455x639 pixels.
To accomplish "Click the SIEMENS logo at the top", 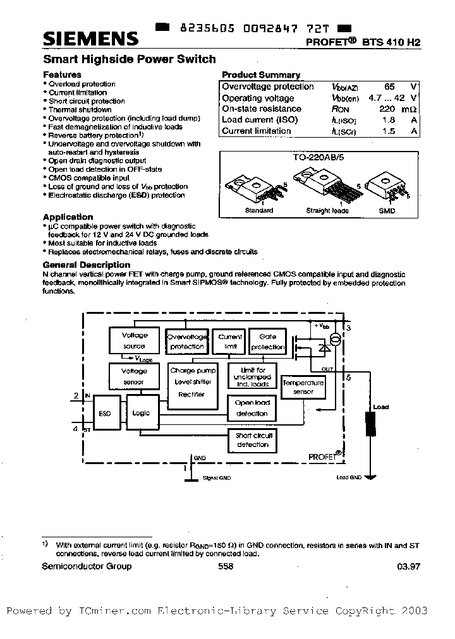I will (x=90, y=39).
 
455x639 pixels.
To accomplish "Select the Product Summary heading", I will (x=261, y=75).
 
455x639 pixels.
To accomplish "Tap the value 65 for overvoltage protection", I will (x=390, y=87).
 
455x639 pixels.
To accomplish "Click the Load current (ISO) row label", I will (x=260, y=120).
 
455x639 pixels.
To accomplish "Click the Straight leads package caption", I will (x=327, y=211).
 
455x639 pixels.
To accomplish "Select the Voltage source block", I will (x=134, y=340).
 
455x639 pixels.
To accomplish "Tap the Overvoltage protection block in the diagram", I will (x=186, y=342).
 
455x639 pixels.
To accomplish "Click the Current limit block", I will (x=230, y=342).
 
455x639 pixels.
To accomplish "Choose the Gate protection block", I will (x=267, y=342).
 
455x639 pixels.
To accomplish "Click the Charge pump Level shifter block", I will (x=192, y=383).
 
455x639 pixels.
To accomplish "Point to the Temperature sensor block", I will (x=303, y=387).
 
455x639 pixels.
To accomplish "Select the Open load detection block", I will (x=252, y=408).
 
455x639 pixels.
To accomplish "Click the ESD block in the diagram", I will (x=105, y=413).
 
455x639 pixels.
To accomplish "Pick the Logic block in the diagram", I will (x=141, y=413).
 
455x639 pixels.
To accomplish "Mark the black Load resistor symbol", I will (x=370, y=426).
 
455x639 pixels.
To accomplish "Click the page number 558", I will (x=226, y=566).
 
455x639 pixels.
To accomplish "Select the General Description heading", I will (x=86, y=265).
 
